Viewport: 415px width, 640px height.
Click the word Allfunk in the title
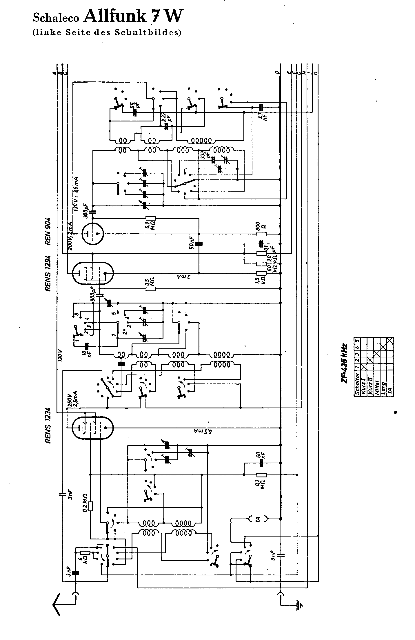point(115,17)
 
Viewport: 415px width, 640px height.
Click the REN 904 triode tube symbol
point(92,234)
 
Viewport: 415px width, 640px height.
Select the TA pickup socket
point(258,519)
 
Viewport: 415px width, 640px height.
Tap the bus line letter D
point(277,72)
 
